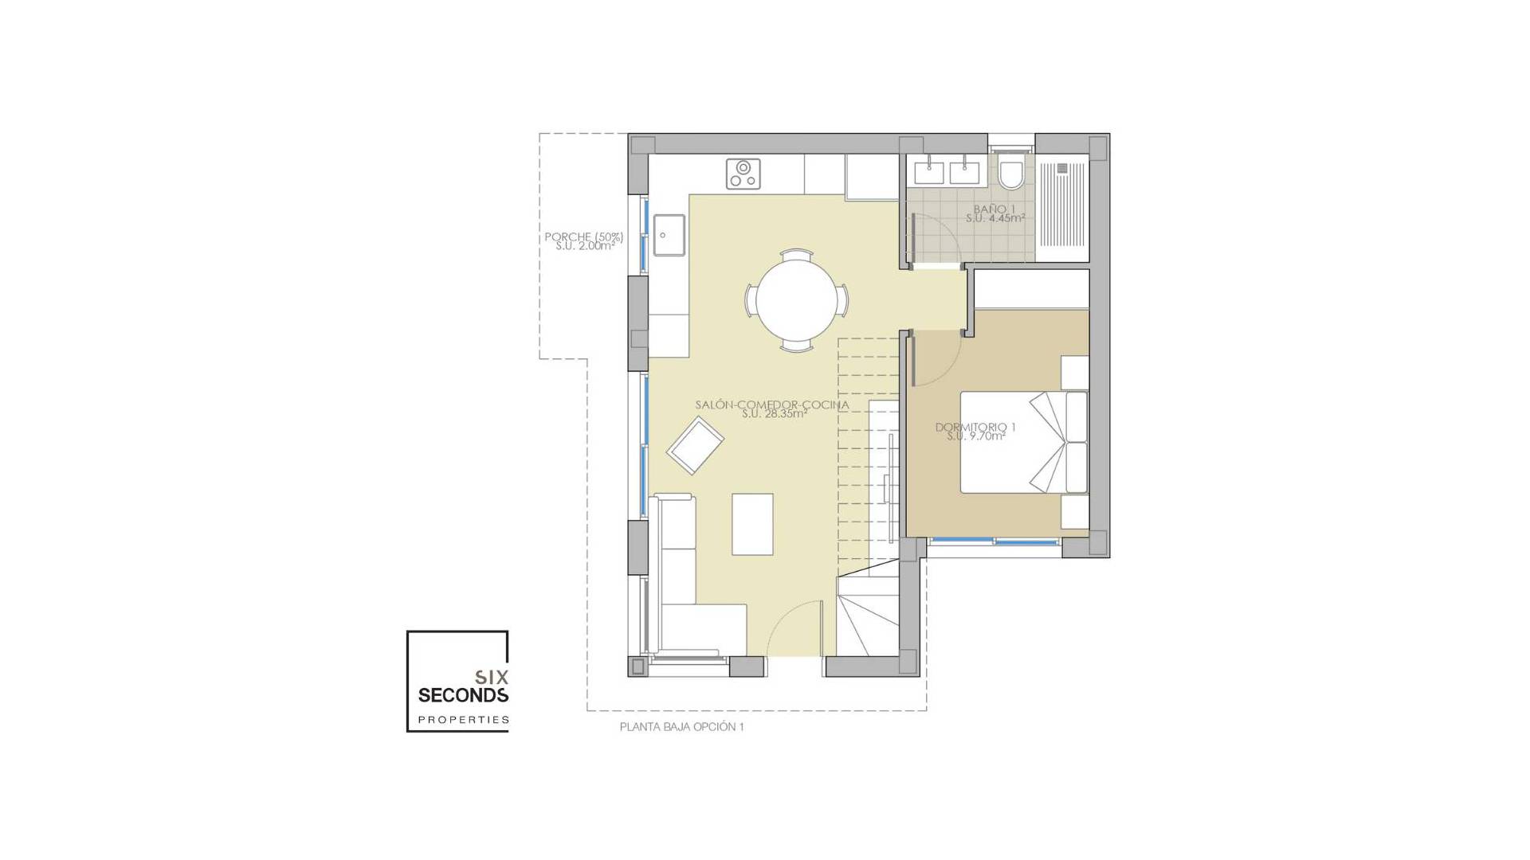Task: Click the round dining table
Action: (796, 299)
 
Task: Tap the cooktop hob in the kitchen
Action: (743, 174)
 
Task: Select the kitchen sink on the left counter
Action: (669, 235)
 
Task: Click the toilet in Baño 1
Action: (1011, 174)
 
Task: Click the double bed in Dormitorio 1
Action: (1020, 442)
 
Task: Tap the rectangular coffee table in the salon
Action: (752, 524)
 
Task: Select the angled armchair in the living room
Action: (695, 445)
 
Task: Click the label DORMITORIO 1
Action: (975, 428)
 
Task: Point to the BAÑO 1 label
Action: (994, 209)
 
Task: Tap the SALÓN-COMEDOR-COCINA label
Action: (771, 405)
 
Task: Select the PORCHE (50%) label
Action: (583, 236)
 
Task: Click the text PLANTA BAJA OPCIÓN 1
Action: (682, 727)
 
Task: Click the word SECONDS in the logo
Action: (463, 695)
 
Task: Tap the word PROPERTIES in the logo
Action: (463, 720)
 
